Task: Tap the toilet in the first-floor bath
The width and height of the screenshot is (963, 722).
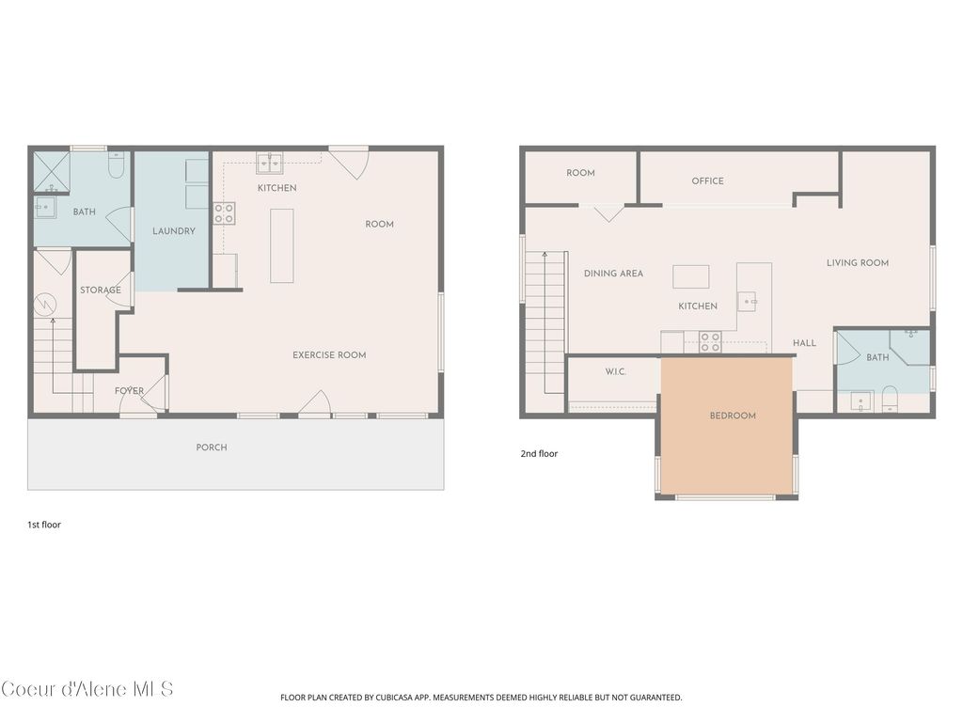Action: coord(117,166)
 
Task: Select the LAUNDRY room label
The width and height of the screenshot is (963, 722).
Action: coord(174,231)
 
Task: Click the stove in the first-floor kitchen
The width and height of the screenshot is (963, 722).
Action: coord(224,213)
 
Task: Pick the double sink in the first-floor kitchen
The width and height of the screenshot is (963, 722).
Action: coord(270,164)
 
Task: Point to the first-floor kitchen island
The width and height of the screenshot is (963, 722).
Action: coord(281,245)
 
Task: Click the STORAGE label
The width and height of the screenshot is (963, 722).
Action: coord(100,290)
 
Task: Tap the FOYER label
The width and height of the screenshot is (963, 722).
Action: coord(129,391)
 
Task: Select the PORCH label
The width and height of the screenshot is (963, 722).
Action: coord(212,447)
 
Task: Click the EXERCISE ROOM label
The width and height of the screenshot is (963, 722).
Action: coord(329,355)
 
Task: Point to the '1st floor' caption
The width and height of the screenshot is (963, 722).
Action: coord(44,525)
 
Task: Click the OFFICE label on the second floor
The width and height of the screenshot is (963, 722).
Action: coord(707,181)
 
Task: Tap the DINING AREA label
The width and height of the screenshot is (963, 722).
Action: coord(613,274)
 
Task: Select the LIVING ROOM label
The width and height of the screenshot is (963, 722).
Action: coord(857,263)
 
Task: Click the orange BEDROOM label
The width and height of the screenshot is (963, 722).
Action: coord(732,416)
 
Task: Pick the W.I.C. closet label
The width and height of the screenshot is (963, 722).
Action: coord(615,372)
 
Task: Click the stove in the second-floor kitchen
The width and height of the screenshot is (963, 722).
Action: coord(709,341)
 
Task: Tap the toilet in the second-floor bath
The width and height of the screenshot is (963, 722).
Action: coord(890,401)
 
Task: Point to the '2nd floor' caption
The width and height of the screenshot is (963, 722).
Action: coord(539,454)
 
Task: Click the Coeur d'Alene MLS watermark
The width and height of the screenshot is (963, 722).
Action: coord(87,689)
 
